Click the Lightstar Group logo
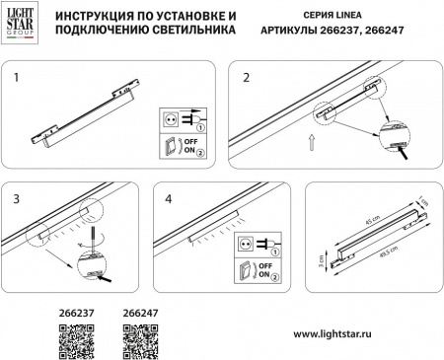[x=25, y=25]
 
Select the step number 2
[x=247, y=75]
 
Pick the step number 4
[x=170, y=197]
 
